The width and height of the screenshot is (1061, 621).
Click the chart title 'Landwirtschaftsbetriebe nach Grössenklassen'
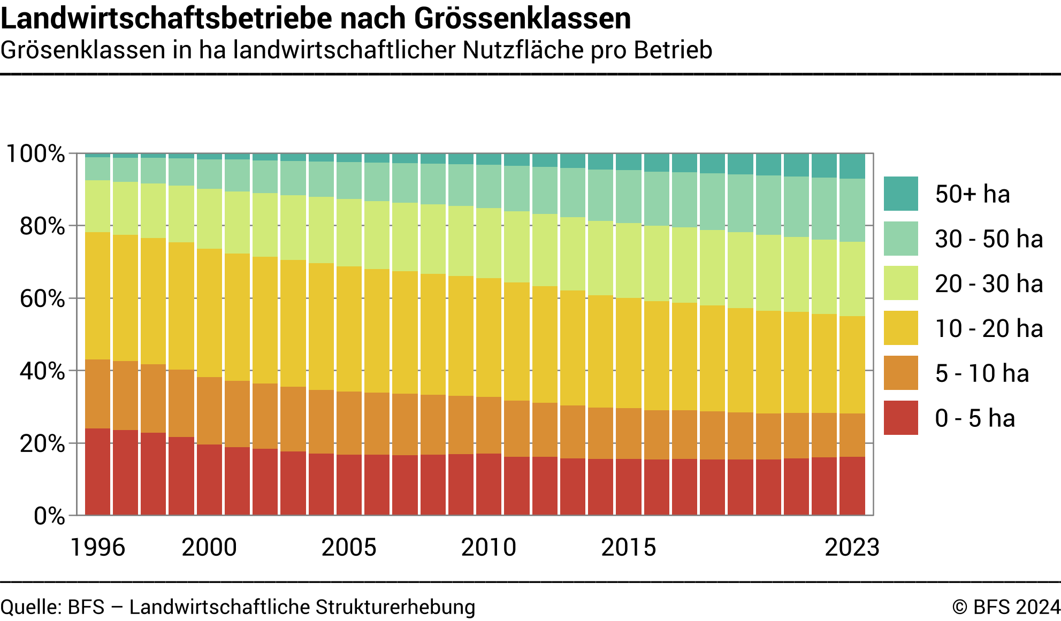(x=316, y=18)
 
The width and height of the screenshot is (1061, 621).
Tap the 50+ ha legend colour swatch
(x=900, y=194)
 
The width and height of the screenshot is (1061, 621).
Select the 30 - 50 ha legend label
(x=989, y=239)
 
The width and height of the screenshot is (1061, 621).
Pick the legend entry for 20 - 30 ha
(x=989, y=283)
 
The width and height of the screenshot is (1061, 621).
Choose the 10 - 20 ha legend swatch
(x=900, y=328)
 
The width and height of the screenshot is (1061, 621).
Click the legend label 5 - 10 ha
(x=982, y=373)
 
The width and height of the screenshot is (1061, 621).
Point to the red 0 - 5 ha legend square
(x=900, y=418)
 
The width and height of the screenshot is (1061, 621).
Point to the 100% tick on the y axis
(x=35, y=154)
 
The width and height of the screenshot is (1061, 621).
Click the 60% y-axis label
(x=42, y=298)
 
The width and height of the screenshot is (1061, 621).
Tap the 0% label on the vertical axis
(x=49, y=516)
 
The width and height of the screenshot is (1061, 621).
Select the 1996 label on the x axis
(x=97, y=547)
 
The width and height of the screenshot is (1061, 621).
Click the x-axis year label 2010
(x=488, y=547)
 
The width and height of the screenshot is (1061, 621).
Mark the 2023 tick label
(x=852, y=547)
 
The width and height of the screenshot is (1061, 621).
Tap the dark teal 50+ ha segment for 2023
(x=852, y=166)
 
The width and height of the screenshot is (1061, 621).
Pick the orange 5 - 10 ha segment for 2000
(x=209, y=411)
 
